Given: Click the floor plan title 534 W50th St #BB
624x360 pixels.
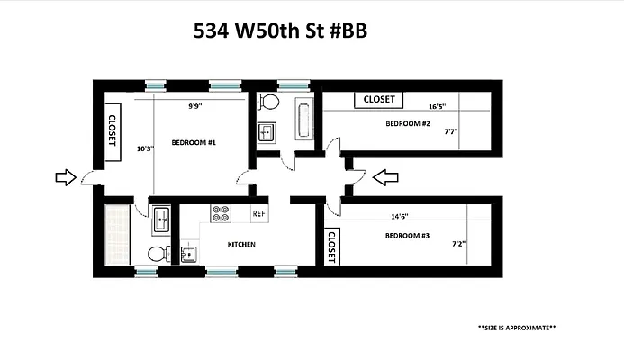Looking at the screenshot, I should tap(281, 31).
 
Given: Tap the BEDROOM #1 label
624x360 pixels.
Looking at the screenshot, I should tap(194, 143).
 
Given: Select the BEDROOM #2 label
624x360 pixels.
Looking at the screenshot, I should tap(408, 123).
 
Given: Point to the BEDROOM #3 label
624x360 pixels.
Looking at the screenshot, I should tap(407, 236).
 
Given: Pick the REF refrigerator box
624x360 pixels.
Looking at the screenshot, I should tap(259, 213).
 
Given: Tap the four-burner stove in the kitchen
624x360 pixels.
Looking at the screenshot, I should tap(221, 213).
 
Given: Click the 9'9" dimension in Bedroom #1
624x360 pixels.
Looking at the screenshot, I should tap(194, 106).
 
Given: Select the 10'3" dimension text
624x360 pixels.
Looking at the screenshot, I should tap(144, 148).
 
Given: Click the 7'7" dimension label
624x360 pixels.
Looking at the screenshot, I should tap(451, 131).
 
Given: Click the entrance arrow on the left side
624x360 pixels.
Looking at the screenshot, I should tap(66, 178).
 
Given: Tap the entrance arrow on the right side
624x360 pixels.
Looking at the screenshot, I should tap(384, 178).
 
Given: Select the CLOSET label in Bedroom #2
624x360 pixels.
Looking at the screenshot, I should tap(379, 100).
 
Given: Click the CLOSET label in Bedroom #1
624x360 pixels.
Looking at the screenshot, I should tap(113, 135).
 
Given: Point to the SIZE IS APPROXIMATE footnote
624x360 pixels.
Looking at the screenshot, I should tap(516, 328).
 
